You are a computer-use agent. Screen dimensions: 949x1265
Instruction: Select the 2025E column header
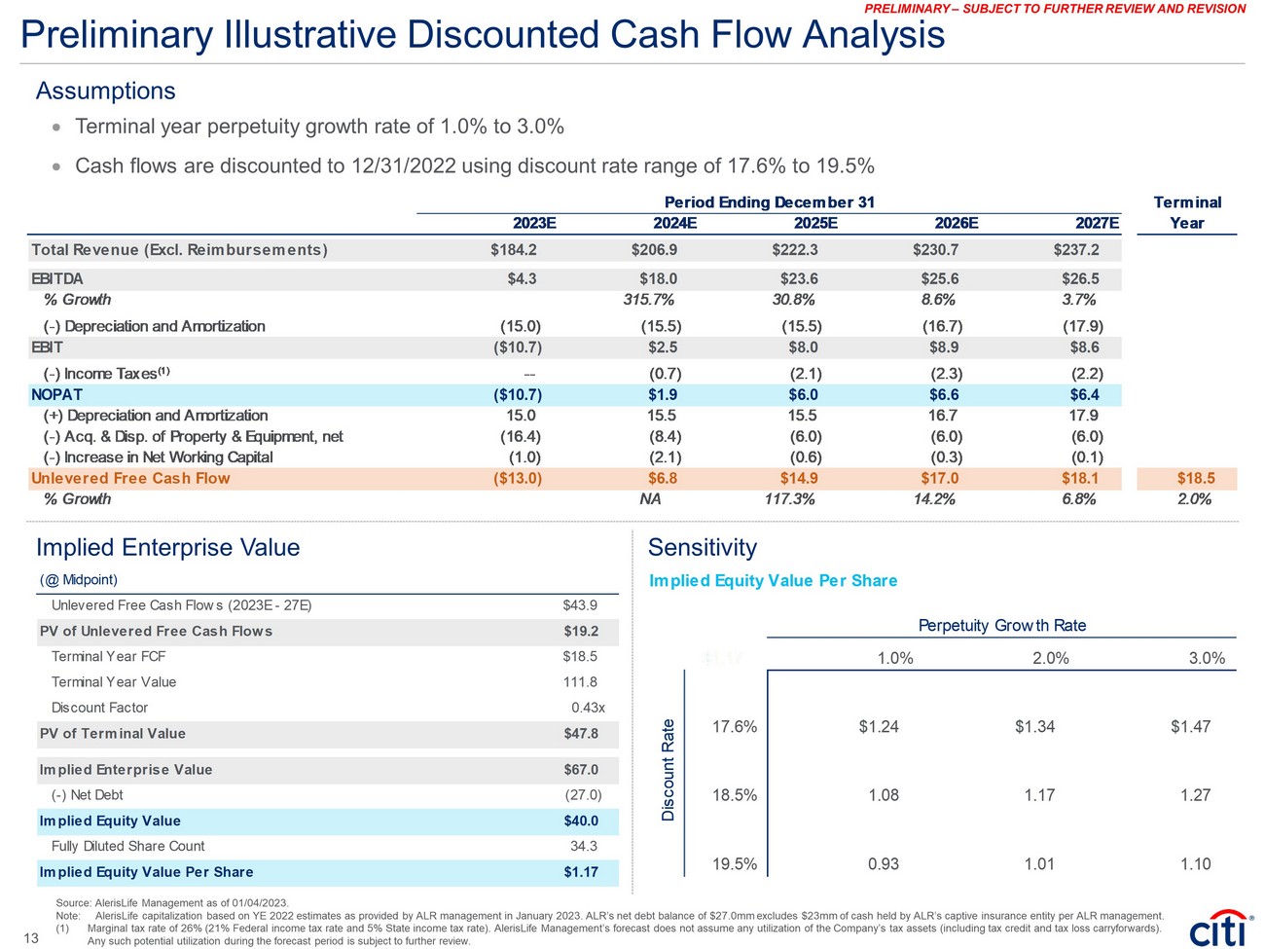click(x=815, y=223)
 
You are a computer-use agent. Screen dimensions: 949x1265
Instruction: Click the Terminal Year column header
click(x=1186, y=212)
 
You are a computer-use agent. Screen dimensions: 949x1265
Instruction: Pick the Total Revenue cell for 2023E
click(x=514, y=250)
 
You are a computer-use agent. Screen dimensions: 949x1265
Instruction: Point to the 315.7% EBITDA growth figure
click(x=648, y=300)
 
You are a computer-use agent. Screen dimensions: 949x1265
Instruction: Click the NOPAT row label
click(x=57, y=394)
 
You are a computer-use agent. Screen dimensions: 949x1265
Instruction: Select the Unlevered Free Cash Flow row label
click(x=130, y=478)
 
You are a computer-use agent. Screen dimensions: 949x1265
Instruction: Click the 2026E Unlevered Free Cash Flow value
click(x=940, y=478)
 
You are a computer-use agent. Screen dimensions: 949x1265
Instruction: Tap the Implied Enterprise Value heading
click(x=167, y=547)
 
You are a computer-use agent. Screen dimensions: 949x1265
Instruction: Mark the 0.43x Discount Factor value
click(x=588, y=708)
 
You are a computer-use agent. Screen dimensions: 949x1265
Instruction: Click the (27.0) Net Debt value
click(x=583, y=794)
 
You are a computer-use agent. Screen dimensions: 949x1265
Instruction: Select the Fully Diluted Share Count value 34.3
click(x=584, y=846)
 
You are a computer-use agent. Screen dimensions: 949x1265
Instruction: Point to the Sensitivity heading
click(x=702, y=547)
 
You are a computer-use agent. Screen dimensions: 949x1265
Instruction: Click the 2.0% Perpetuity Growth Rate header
click(x=1050, y=658)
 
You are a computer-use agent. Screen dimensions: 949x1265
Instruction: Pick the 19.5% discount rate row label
click(x=734, y=863)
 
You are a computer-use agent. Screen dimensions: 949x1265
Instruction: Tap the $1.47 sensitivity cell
click(x=1190, y=726)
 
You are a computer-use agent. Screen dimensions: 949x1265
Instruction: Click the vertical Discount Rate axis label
click(x=669, y=769)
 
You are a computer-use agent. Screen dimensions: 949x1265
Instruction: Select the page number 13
click(x=30, y=938)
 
